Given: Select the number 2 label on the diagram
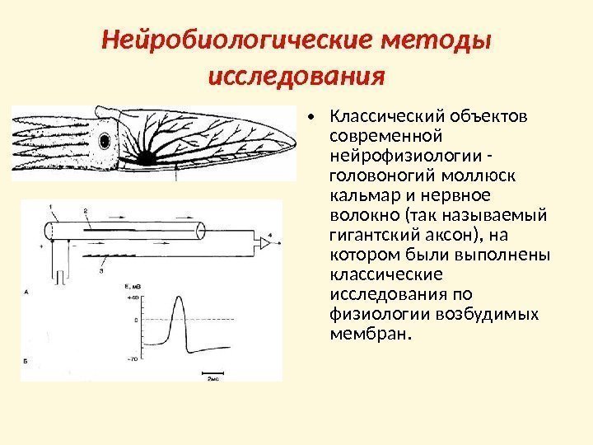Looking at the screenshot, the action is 86,213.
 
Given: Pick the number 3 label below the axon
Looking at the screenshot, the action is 100,269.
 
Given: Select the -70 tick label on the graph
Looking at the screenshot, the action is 131,359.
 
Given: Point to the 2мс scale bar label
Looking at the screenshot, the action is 212,378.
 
